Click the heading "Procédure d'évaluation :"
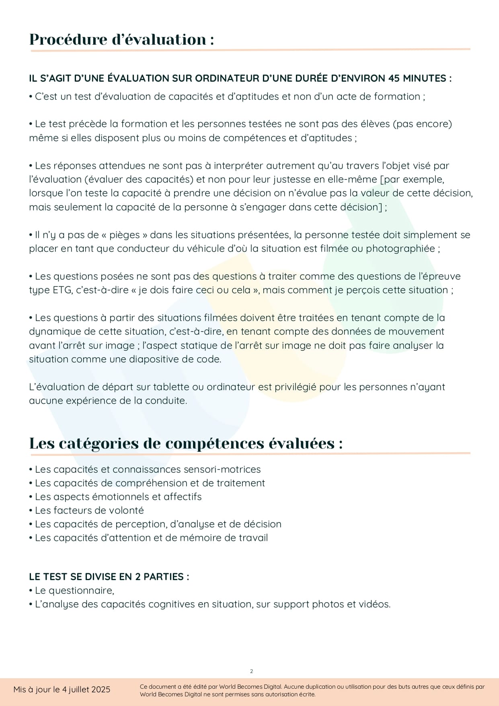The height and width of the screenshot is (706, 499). point(121,39)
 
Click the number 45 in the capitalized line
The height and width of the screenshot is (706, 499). point(394,78)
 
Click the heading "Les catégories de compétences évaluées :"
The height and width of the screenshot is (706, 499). point(186,443)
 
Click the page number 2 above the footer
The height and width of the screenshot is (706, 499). point(251,671)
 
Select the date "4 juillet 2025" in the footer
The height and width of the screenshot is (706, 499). point(86,690)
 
